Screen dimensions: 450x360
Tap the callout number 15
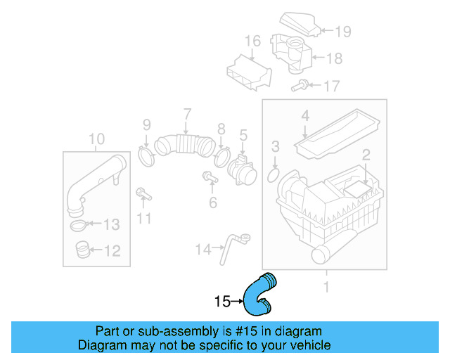click(x=222, y=302)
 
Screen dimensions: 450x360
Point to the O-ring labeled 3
click(x=275, y=172)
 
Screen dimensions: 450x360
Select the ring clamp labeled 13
click(x=80, y=226)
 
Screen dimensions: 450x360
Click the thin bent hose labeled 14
click(x=231, y=248)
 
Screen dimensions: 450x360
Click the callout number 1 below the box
click(x=326, y=286)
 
